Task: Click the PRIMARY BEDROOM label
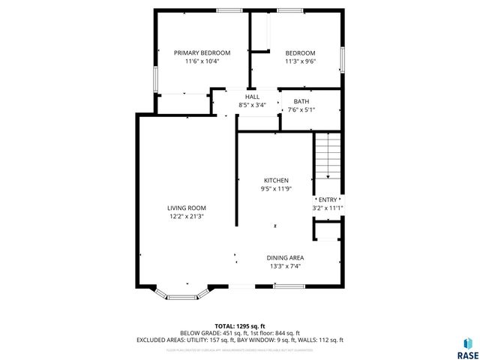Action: (x=202, y=53)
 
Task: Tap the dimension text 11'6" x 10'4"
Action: (x=202, y=61)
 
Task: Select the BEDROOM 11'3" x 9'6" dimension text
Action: (x=300, y=61)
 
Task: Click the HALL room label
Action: (x=252, y=97)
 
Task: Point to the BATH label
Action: (x=301, y=101)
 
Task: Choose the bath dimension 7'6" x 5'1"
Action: (x=301, y=109)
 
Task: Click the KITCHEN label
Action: (x=276, y=181)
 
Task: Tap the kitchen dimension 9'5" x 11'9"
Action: (x=276, y=189)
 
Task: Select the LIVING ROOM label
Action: (x=186, y=208)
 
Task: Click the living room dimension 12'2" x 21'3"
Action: (x=186, y=216)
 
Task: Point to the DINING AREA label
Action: (x=285, y=257)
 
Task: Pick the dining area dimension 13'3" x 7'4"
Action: (x=285, y=265)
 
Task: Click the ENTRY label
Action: (x=328, y=199)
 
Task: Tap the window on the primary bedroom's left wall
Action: (x=154, y=79)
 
